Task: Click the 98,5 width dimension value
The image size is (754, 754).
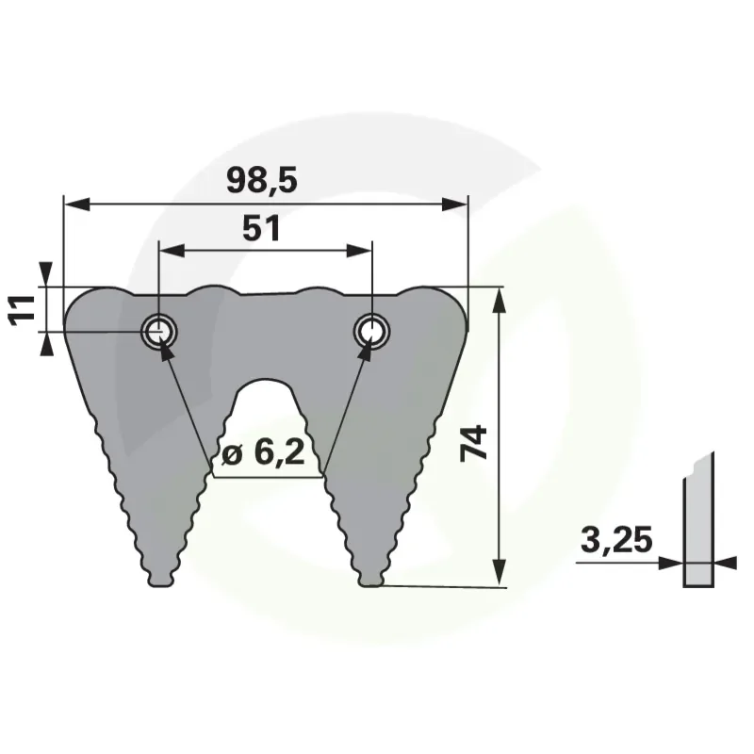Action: point(262,180)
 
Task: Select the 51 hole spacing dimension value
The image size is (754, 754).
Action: point(261,228)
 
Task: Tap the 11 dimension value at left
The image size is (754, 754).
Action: point(23,311)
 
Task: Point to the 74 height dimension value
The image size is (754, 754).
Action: point(474,443)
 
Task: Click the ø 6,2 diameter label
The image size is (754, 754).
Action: point(263,453)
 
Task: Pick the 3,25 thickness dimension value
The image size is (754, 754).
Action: point(616,539)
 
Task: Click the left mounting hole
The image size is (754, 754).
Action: point(158,332)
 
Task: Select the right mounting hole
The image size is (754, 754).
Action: point(371,332)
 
